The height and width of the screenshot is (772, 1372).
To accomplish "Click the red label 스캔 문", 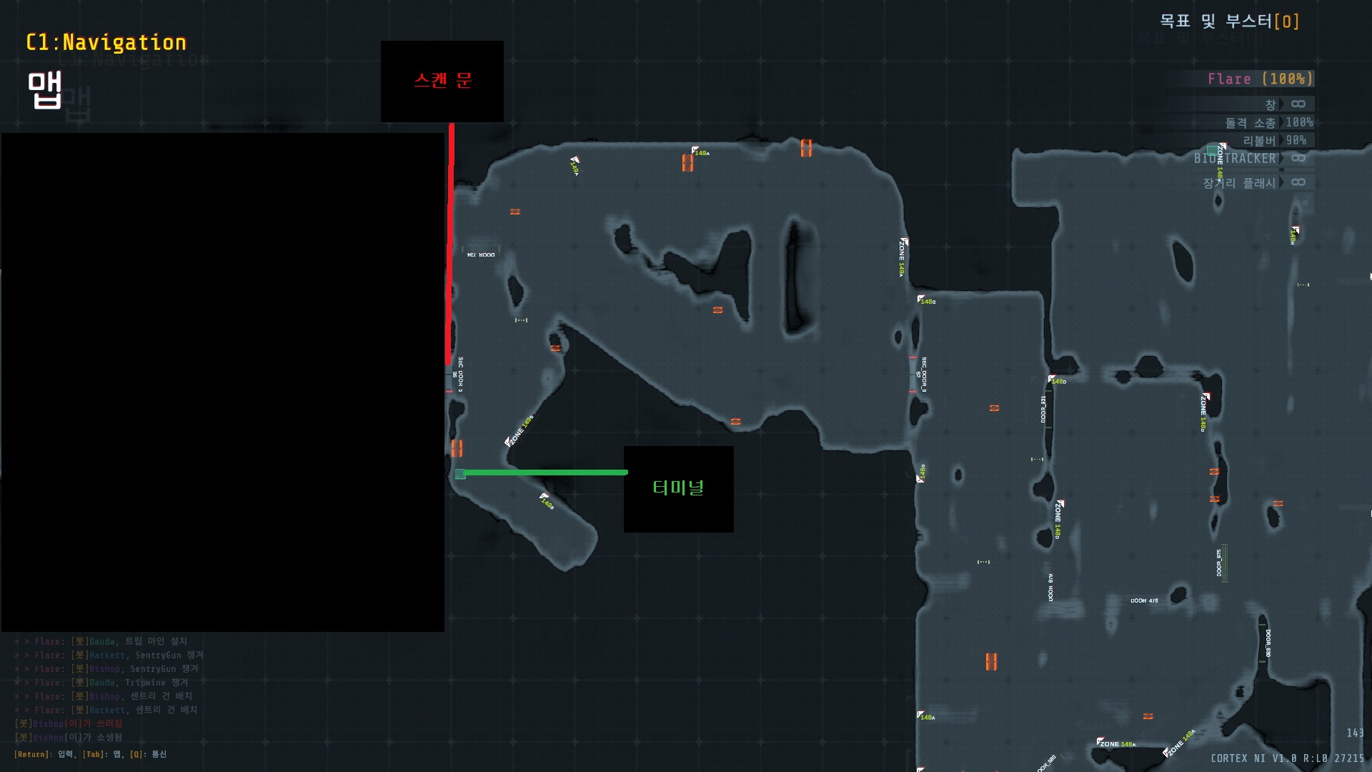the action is pyautogui.click(x=442, y=80).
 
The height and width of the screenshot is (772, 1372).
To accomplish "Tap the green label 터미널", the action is pyautogui.click(x=678, y=488).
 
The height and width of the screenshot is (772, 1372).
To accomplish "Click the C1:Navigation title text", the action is pyautogui.click(x=106, y=43).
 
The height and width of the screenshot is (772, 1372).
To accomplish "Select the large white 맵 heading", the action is pyautogui.click(x=44, y=91).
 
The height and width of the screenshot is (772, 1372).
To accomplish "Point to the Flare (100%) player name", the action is pyautogui.click(x=1260, y=79).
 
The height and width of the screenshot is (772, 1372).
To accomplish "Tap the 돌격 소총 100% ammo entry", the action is pyautogui.click(x=1268, y=123).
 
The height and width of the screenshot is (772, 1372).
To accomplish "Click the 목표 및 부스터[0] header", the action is pyautogui.click(x=1229, y=21).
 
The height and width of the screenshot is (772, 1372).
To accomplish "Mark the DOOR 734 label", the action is pyautogui.click(x=481, y=254).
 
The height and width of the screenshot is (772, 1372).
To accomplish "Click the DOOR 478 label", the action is pyautogui.click(x=1144, y=600).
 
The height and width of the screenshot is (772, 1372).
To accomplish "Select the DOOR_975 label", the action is pyautogui.click(x=1219, y=563).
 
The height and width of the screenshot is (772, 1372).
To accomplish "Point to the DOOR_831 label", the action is pyautogui.click(x=1043, y=409).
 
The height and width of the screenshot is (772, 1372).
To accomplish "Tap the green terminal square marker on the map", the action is pyautogui.click(x=460, y=474).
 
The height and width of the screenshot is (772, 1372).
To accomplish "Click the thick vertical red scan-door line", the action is pyautogui.click(x=451, y=243).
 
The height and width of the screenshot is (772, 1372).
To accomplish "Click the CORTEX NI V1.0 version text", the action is pyautogui.click(x=1287, y=758).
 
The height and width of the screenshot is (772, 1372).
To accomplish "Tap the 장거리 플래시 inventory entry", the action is pyautogui.click(x=1239, y=183).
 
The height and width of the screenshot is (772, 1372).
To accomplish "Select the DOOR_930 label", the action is pyautogui.click(x=1268, y=643).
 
